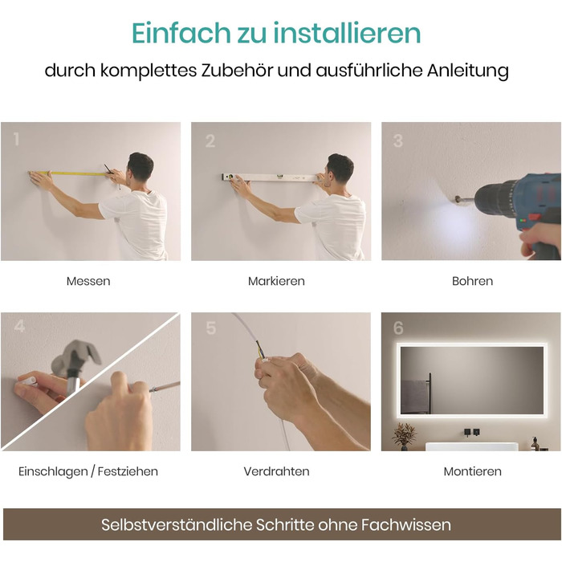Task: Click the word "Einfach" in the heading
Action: coord(181,33)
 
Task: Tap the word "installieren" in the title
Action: coord(347,33)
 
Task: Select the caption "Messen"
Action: coord(88,281)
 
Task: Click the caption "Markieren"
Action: coord(276,281)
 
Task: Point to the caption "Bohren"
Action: coord(472,281)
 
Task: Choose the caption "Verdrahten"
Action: coord(276,471)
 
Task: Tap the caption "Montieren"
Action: coord(472,471)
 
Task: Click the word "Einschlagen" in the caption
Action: coord(53,471)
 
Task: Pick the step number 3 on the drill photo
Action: coord(398,140)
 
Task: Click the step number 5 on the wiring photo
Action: coord(211,328)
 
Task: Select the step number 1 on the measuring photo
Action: coord(16,139)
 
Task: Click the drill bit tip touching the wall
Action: coord(455,199)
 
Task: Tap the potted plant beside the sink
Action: coord(404,436)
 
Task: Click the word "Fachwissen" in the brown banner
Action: coord(405,525)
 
